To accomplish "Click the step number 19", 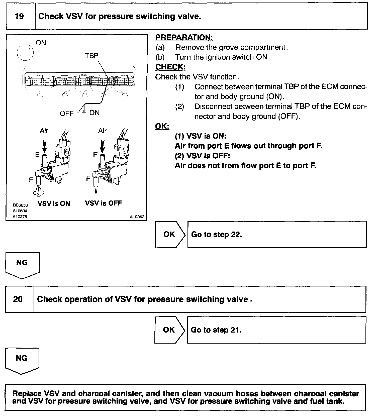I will [19, 17].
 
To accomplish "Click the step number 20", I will [18, 299].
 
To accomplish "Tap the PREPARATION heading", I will [184, 37].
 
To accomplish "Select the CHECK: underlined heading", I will [170, 67].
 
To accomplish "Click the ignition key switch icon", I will [25, 53].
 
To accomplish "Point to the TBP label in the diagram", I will [91, 56].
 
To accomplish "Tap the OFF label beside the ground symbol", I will [67, 114].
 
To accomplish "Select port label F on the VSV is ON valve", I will [31, 180].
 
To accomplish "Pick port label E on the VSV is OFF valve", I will [95, 155].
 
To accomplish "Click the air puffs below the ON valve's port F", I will [38, 191].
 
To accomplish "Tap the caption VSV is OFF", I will [103, 203].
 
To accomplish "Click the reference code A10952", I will [137, 217].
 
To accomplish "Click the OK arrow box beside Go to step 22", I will [170, 234].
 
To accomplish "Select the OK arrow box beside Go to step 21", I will [169, 330].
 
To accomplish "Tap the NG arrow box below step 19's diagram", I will [22, 265].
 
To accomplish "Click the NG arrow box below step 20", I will [22, 360].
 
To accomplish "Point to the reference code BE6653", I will [20, 205].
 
